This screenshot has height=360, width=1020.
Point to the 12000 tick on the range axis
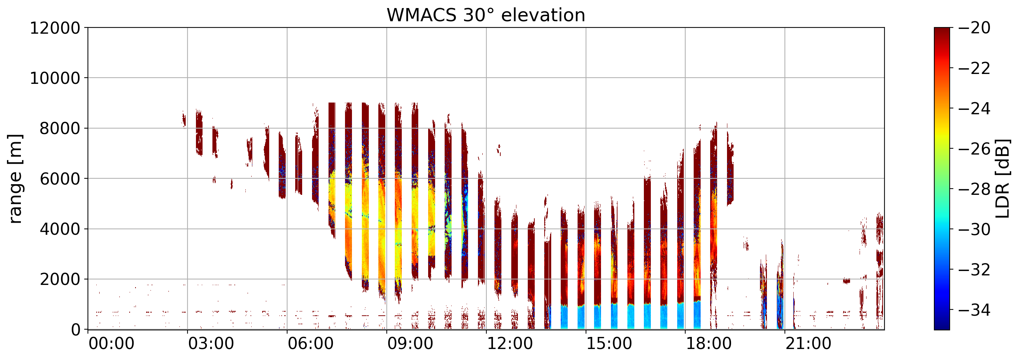55,28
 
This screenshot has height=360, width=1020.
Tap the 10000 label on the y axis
55,78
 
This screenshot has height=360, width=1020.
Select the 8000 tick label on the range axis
60,129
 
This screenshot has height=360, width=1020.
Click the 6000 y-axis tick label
60,179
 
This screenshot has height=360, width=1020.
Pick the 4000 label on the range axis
60,229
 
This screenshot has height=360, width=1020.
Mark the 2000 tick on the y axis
60,279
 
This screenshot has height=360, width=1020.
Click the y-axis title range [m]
15,179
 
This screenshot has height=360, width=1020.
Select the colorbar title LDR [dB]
1002,179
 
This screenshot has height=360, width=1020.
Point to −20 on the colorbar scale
975,28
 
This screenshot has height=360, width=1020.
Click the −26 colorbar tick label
975,149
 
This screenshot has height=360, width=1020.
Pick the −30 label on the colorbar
975,230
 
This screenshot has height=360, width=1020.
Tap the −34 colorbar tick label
975,310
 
